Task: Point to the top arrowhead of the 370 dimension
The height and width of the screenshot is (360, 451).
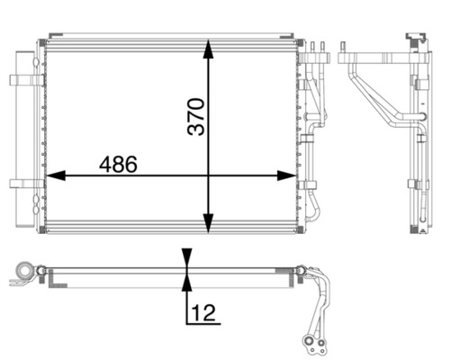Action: (x=209, y=48)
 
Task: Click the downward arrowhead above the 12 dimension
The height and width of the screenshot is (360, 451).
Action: (x=185, y=256)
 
